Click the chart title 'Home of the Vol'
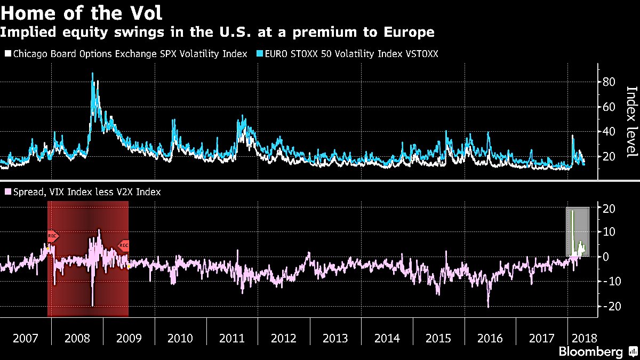click(x=81, y=12)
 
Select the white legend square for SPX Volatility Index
click(x=7, y=54)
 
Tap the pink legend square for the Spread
click(x=7, y=191)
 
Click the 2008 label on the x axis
click(x=77, y=338)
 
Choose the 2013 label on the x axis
click(x=335, y=338)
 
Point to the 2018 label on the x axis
click(x=584, y=338)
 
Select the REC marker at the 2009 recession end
click(x=123, y=245)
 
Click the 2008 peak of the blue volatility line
click(x=92, y=74)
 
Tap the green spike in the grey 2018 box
click(x=572, y=211)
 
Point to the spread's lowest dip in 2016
click(x=488, y=306)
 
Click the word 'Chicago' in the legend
click(x=27, y=54)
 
